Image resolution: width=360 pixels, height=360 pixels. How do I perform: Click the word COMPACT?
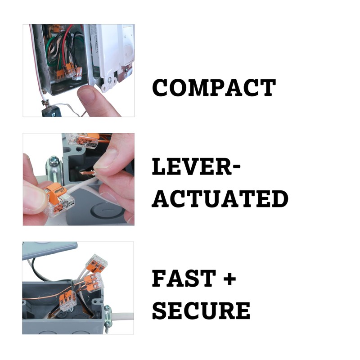point(214,88)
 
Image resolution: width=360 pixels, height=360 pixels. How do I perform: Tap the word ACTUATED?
point(220,198)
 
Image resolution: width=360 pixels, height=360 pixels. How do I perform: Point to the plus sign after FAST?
point(229,279)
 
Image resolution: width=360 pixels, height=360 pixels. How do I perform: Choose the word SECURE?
point(201,310)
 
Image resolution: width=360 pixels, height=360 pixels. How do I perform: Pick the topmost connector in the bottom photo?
point(97,261)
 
